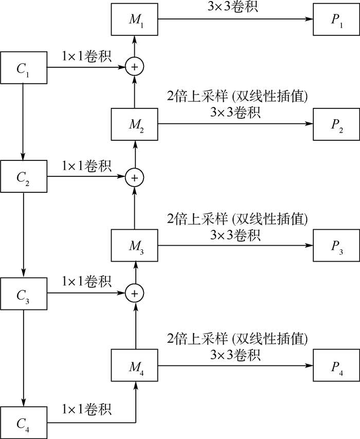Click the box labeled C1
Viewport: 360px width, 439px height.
click(24, 67)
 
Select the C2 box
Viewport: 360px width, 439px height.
click(24, 177)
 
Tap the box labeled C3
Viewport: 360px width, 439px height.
click(24, 294)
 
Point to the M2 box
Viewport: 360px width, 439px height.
click(135, 125)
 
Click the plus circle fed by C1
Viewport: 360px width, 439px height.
click(135, 67)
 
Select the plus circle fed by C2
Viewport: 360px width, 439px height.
click(135, 177)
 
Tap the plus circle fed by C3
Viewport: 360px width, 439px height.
click(135, 294)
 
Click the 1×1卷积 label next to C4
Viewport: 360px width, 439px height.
click(86, 410)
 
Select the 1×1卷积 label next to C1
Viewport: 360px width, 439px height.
click(86, 55)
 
